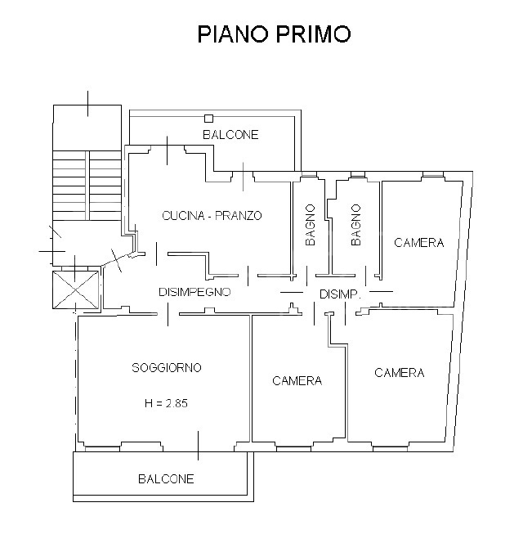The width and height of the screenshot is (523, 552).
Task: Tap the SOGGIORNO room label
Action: (x=167, y=368)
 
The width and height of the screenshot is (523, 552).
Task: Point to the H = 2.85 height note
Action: (x=167, y=403)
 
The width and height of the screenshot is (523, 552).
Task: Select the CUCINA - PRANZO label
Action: (x=212, y=216)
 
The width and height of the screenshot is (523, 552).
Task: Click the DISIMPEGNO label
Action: (x=194, y=291)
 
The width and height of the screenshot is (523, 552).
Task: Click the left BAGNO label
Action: (x=311, y=225)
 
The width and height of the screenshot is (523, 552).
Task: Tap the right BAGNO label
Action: (x=356, y=225)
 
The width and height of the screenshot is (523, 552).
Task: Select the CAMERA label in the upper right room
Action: (x=418, y=243)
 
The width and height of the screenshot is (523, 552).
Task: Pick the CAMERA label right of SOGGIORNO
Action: (x=297, y=380)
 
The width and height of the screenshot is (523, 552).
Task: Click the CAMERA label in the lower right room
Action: (x=399, y=373)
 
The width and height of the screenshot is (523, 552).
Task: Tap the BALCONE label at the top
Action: (x=230, y=135)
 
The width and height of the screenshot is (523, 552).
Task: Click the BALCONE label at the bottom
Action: (x=166, y=479)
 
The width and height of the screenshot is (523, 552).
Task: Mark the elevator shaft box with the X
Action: (x=74, y=289)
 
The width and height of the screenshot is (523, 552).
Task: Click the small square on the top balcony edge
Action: (x=209, y=119)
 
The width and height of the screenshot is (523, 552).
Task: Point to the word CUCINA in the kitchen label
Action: (x=181, y=216)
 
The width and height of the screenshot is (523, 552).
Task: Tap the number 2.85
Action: (x=177, y=403)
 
